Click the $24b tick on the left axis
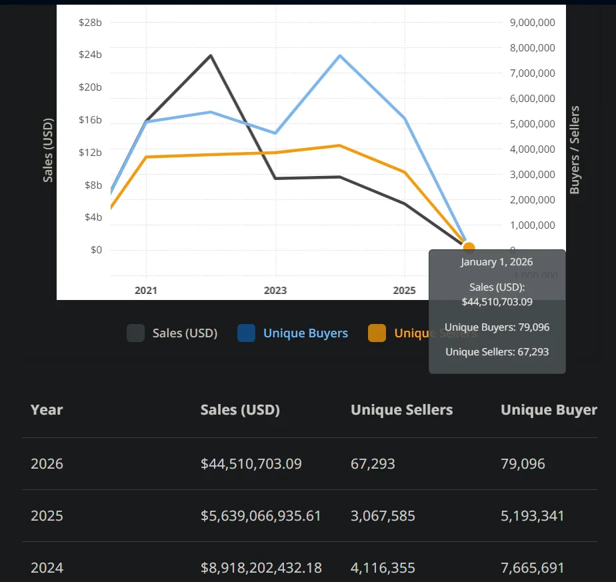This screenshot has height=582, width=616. (90, 55)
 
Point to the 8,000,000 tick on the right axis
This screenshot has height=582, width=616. (532, 48)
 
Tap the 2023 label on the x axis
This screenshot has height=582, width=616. (275, 291)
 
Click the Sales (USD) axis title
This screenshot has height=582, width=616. (48, 150)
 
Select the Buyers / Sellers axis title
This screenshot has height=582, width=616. (575, 150)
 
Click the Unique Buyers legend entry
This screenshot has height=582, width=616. (305, 333)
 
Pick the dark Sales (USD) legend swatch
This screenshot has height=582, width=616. (135, 333)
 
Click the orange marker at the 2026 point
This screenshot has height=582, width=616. (469, 248)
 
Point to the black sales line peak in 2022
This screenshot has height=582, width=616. (211, 55)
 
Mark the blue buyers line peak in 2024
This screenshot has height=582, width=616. (340, 55)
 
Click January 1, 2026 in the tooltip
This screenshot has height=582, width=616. (497, 262)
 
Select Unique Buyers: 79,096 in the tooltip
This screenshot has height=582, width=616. (497, 327)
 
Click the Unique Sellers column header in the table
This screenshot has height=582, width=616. (401, 410)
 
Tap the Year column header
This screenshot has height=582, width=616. (47, 410)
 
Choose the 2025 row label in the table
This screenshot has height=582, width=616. (47, 516)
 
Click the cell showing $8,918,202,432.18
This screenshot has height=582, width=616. (261, 568)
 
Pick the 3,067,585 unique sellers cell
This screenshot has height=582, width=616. (383, 516)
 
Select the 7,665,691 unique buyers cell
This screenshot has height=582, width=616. (532, 568)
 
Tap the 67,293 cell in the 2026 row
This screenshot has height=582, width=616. (373, 463)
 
